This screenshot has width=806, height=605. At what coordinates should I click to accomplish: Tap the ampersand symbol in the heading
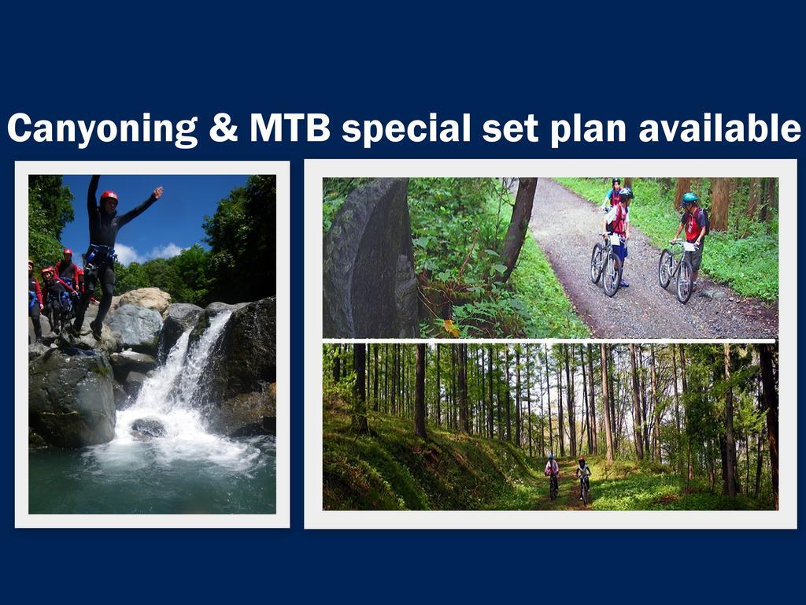(x=224, y=128)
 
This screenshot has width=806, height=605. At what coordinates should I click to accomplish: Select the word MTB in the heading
(x=290, y=128)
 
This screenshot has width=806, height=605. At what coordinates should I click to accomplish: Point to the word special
(x=406, y=130)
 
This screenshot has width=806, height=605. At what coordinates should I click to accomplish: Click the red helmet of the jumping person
(x=109, y=196)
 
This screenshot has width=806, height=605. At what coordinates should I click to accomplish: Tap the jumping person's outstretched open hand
(x=158, y=192)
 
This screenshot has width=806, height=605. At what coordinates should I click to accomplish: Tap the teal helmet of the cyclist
(x=690, y=198)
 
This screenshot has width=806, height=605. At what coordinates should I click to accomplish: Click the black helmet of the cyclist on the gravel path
(x=626, y=193)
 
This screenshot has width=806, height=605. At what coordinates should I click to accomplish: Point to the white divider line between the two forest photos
(x=549, y=341)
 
